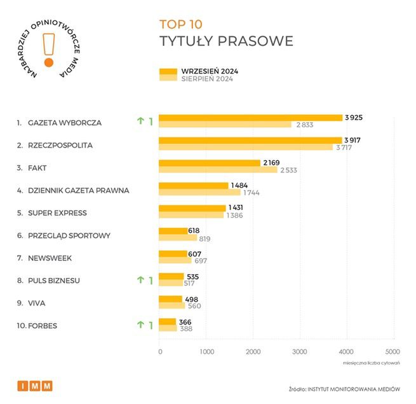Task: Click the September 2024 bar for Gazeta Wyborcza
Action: tap(250, 118)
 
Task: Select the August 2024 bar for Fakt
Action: tap(218, 170)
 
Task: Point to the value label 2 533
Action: tap(289, 170)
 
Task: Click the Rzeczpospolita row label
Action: tap(60, 145)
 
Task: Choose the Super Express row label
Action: tap(57, 212)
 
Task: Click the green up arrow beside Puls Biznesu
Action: tap(140, 280)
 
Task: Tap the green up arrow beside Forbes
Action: tap(140, 325)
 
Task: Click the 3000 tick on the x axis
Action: tap(299, 351)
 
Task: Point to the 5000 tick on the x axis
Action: tap(392, 351)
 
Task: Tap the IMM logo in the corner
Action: tap(35, 386)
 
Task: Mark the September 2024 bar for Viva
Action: tap(170, 298)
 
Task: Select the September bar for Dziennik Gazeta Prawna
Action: tap(193, 185)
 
